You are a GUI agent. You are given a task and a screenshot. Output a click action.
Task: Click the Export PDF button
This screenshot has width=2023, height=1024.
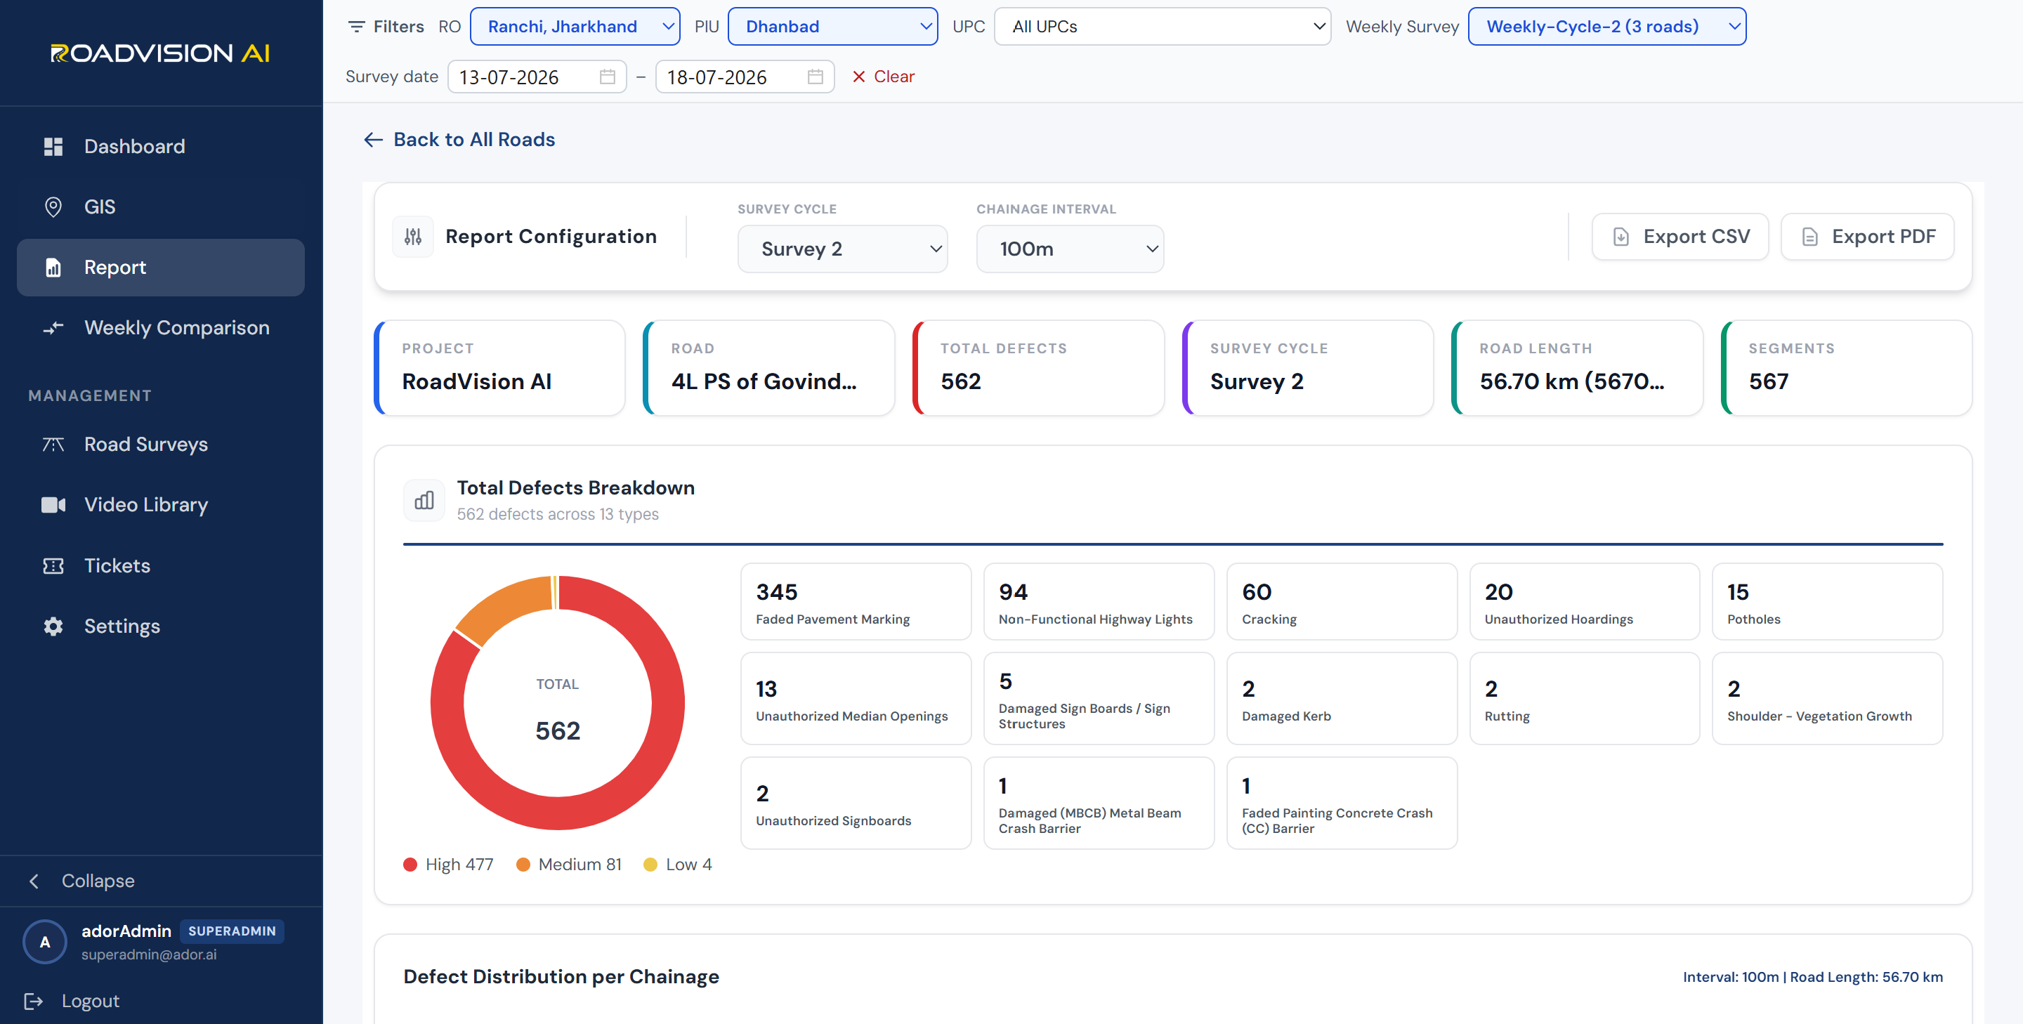click(x=1868, y=237)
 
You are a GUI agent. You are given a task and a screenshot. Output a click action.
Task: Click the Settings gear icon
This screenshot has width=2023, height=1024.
click(x=53, y=626)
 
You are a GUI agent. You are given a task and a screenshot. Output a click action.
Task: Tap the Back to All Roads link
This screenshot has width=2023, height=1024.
click(x=459, y=140)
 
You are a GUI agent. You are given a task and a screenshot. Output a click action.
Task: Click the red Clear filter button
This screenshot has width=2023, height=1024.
click(x=884, y=76)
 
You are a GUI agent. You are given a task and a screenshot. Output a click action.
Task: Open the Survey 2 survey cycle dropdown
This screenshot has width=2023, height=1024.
click(x=843, y=249)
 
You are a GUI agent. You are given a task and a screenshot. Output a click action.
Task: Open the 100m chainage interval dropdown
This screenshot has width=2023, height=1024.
click(x=1070, y=249)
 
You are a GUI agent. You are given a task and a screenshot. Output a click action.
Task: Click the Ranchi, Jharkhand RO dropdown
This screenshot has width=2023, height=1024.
click(x=575, y=27)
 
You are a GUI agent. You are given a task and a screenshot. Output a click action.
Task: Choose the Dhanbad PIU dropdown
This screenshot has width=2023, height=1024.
click(x=832, y=27)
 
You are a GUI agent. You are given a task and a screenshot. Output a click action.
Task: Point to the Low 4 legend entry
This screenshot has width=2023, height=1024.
click(x=678, y=865)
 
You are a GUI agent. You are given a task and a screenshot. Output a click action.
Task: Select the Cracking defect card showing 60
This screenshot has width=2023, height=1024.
click(x=1342, y=601)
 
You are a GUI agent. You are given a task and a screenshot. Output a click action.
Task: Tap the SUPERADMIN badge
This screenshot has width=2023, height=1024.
click(x=232, y=931)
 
